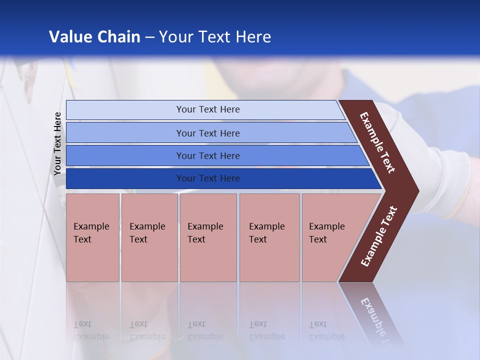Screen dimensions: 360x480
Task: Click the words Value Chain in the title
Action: click(x=94, y=36)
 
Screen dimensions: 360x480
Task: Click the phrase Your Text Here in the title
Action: click(x=215, y=36)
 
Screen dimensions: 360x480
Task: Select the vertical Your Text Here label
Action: click(x=57, y=143)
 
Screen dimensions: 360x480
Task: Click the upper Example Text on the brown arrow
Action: click(x=377, y=142)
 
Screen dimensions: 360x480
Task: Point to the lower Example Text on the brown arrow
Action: click(x=378, y=236)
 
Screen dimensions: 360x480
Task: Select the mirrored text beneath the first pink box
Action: click(x=91, y=330)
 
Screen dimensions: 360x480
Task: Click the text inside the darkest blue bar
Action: click(x=208, y=178)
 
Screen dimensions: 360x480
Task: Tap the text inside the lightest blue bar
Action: click(x=208, y=109)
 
